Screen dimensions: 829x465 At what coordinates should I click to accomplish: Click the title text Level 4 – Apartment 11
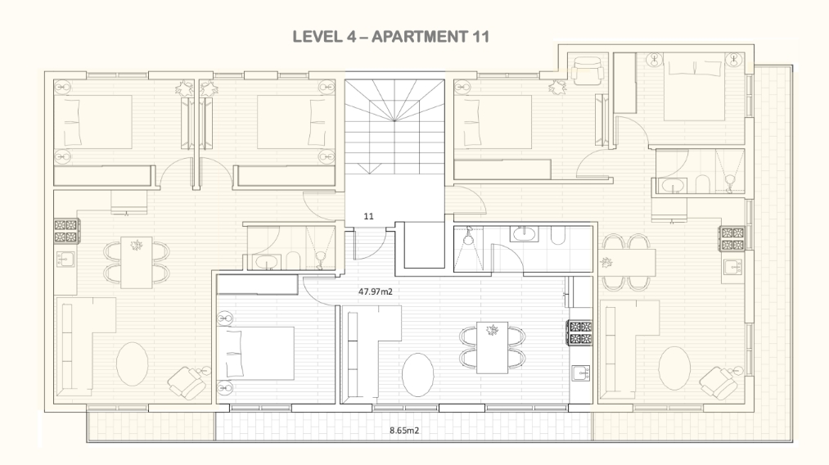click(390, 37)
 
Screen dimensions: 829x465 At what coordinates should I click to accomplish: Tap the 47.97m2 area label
click(376, 291)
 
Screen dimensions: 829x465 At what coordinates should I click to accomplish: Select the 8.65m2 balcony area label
click(404, 431)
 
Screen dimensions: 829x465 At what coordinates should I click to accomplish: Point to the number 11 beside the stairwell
click(368, 216)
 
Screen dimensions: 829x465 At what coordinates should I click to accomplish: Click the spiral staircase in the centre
click(394, 127)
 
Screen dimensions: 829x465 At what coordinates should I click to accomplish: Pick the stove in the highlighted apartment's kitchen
click(580, 332)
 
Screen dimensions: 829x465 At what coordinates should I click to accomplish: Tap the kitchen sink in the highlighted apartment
click(580, 373)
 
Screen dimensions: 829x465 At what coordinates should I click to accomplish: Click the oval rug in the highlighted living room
click(417, 375)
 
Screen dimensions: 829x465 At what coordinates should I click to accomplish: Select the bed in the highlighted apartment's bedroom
click(255, 354)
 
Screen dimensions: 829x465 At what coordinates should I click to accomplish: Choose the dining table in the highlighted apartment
click(492, 348)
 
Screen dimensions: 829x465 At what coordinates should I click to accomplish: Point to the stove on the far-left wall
click(66, 231)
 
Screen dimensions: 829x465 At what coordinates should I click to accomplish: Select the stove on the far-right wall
click(732, 238)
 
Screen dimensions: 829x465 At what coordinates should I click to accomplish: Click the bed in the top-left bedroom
click(93, 122)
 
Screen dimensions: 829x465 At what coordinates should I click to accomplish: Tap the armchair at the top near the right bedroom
click(588, 71)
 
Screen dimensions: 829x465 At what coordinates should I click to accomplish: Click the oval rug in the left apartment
click(133, 364)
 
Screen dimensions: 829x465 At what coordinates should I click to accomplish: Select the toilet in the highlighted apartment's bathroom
click(557, 236)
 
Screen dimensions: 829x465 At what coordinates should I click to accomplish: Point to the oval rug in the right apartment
click(674, 368)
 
